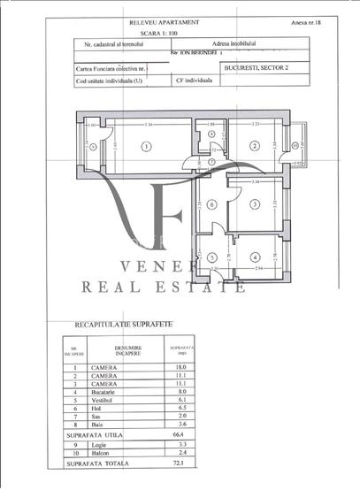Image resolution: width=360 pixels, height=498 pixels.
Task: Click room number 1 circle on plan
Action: click(146, 146)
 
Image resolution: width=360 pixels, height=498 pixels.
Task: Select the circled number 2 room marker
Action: click(254, 146)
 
